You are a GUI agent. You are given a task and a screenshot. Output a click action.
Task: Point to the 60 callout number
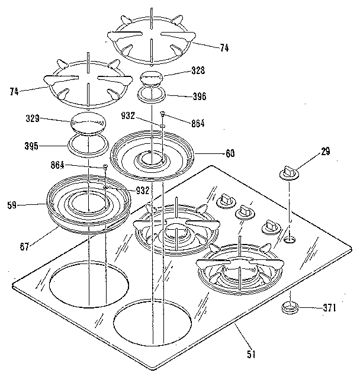(230, 153)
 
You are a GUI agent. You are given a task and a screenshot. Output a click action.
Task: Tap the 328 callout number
(198, 70)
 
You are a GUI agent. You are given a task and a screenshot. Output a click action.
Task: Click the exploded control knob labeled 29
(288, 173)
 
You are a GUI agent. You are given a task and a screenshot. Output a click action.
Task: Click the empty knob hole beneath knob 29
(289, 239)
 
